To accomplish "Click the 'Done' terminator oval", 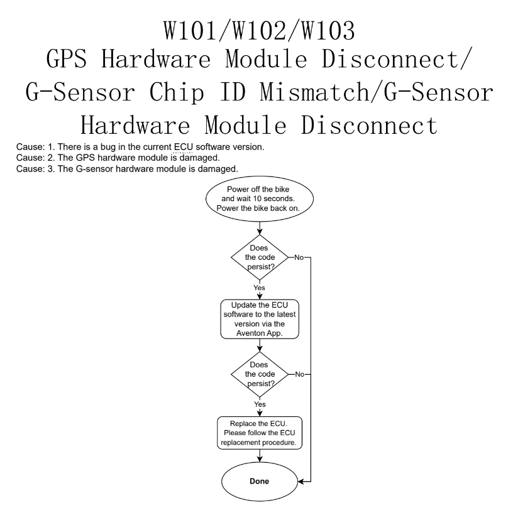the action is point(260,481).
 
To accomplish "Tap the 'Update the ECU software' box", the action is point(260,319).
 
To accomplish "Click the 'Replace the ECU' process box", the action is point(260,433).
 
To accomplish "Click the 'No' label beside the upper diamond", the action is point(299,257).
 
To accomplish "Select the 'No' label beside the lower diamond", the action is point(299,374).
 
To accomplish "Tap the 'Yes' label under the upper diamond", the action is point(259,288).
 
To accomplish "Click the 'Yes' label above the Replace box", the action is point(260,404).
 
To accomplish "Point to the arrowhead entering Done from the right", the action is point(301,481).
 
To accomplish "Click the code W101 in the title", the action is point(190,30).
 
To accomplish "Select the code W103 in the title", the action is point(328,30).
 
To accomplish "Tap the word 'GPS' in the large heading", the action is point(67,59).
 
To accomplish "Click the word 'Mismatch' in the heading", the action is point(315,92).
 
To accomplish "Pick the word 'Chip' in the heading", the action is point(177,93).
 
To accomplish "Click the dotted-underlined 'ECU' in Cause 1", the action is point(184,147).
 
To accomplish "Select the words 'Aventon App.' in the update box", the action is point(260,333).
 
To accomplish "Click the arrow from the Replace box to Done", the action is point(260,456).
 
